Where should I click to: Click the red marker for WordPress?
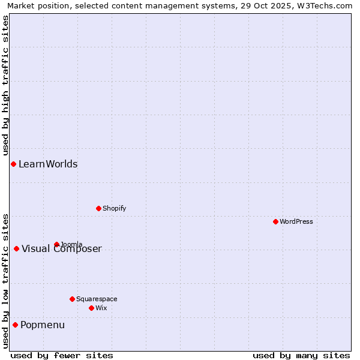pos(275,221)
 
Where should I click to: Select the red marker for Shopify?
pos(98,208)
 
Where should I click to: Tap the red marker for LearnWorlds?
pos(13,164)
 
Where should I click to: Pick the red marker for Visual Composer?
pos(16,248)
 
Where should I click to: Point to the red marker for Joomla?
pos(56,244)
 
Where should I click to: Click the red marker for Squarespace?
pos(72,299)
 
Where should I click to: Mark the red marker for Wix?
pos(91,308)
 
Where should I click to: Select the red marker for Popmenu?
pos(15,325)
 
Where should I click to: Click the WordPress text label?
pos(296,221)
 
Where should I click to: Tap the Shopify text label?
pos(115,208)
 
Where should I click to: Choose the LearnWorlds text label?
pos(48,164)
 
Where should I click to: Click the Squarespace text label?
pos(97,299)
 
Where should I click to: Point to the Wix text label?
pos(101,308)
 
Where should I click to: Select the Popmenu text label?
pos(43,325)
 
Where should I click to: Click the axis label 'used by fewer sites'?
pos(62,355)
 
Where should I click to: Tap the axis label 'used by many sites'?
pos(301,355)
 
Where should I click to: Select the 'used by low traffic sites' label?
pos(5,281)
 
